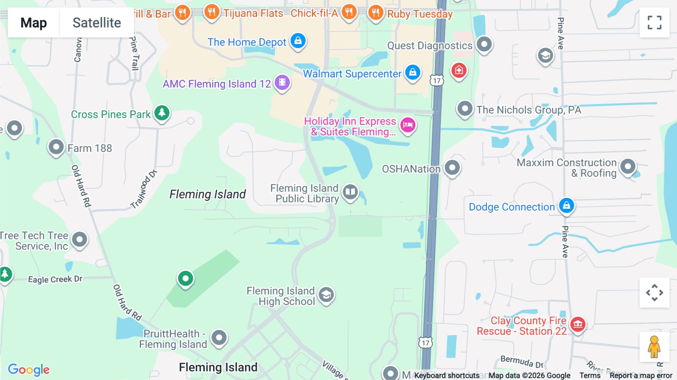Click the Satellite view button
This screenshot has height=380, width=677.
coord(97,23)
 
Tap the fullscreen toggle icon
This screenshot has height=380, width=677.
coord(654,23)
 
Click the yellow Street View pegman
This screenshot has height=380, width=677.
coord(654,347)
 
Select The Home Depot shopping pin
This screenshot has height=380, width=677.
coord(298,41)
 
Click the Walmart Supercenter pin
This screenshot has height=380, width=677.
coord(413,72)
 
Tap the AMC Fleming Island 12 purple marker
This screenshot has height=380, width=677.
coord(282,82)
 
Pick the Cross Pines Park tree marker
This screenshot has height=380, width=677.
coord(162,112)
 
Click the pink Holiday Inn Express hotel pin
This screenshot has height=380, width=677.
coord(408,125)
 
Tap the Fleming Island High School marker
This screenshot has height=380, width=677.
coord(326,295)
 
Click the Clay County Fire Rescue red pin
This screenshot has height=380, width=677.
coord(578,324)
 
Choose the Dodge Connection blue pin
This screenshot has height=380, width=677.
coord(566,205)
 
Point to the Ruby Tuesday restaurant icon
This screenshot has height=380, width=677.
coord(375,13)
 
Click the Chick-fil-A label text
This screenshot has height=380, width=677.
coord(314,13)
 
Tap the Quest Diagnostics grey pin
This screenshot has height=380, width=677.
coord(484,44)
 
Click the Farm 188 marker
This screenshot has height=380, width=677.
coord(56,147)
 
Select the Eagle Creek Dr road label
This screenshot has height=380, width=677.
coord(55,279)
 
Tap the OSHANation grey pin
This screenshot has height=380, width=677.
coord(452,167)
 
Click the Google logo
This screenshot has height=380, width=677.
coord(29,369)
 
